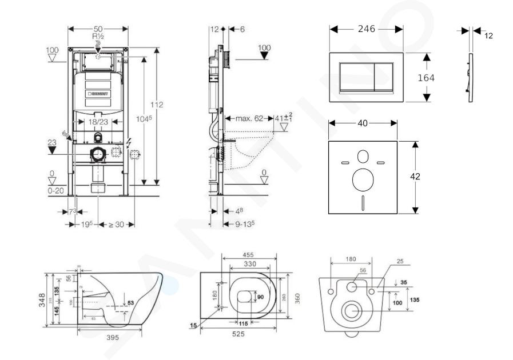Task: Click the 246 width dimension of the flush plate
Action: (366, 29)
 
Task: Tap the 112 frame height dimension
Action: (157, 105)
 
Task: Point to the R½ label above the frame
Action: (97, 35)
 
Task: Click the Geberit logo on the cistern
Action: (99, 93)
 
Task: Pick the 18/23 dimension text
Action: (98, 122)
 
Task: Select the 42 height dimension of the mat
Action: (416, 177)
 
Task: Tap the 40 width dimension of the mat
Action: (362, 123)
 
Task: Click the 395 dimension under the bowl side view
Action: (113, 338)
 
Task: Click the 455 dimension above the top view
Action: (248, 255)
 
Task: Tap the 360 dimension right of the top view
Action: (297, 298)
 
